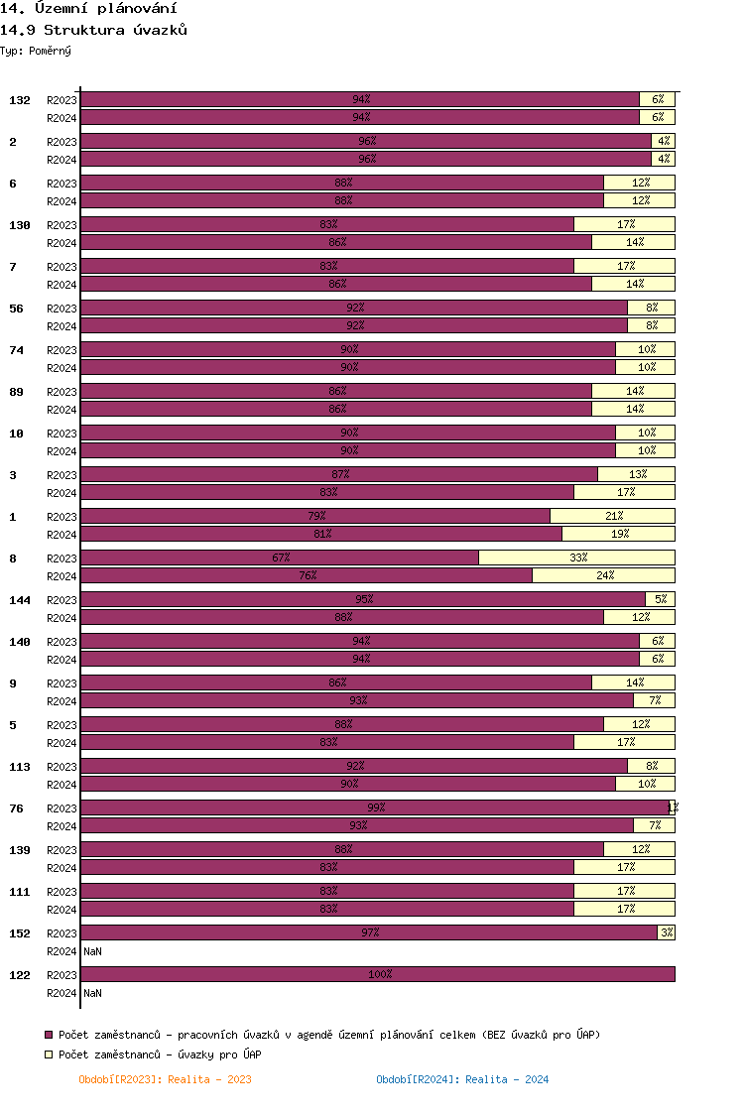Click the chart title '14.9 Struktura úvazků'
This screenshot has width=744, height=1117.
[x=94, y=30]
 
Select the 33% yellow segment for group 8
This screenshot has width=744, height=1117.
[x=576, y=558]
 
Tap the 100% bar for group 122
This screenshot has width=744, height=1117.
[x=377, y=974]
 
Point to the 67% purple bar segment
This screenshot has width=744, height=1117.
[x=280, y=558]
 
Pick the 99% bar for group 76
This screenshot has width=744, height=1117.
[x=375, y=807]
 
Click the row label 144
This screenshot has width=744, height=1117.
[x=20, y=600]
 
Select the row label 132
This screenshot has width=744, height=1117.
[x=20, y=100]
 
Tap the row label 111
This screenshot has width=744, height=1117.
[x=20, y=892]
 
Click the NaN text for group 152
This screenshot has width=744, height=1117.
[x=92, y=951]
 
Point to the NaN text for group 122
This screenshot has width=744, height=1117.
[x=92, y=993]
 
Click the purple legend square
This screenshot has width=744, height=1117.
[x=50, y=1035]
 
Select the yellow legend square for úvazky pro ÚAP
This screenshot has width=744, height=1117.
[x=50, y=1055]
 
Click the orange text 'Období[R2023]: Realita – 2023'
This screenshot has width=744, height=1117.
[x=165, y=1079]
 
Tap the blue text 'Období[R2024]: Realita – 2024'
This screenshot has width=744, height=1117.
[x=462, y=1079]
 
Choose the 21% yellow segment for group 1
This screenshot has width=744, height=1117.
[x=612, y=516]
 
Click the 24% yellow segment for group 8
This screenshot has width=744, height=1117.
[x=603, y=575]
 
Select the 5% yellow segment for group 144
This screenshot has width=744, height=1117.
[x=660, y=599]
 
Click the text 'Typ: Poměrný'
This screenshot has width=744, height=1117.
[x=36, y=50]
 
